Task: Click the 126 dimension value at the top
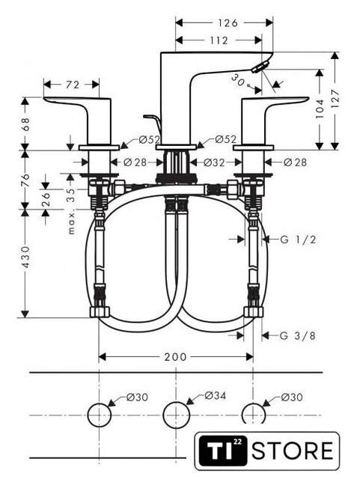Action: pyautogui.click(x=228, y=23)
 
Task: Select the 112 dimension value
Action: pyautogui.click(x=219, y=40)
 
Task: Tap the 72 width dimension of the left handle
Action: pyautogui.click(x=72, y=85)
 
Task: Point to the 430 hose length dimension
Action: pyautogui.click(x=26, y=257)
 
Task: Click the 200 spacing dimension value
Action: pyautogui.click(x=175, y=356)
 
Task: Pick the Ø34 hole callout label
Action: pyautogui.click(x=216, y=396)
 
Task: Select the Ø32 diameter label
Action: pyautogui.click(x=214, y=162)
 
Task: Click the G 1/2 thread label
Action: pyautogui.click(x=299, y=239)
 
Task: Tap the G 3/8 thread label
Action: pyautogui.click(x=298, y=336)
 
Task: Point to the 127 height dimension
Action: pyautogui.click(x=335, y=98)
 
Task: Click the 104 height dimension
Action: pyautogui.click(x=320, y=109)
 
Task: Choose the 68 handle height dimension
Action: pyautogui.click(x=26, y=124)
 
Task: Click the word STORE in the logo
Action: pyautogui.click(x=292, y=451)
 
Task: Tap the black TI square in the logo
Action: pyautogui.click(x=222, y=451)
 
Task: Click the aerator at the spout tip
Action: pyautogui.click(x=260, y=67)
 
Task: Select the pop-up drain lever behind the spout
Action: pyautogui.click(x=153, y=121)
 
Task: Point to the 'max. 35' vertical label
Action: pyautogui.click(x=71, y=211)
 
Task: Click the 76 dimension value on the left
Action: pyautogui.click(x=26, y=180)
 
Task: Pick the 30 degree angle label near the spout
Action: pyautogui.click(x=238, y=79)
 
